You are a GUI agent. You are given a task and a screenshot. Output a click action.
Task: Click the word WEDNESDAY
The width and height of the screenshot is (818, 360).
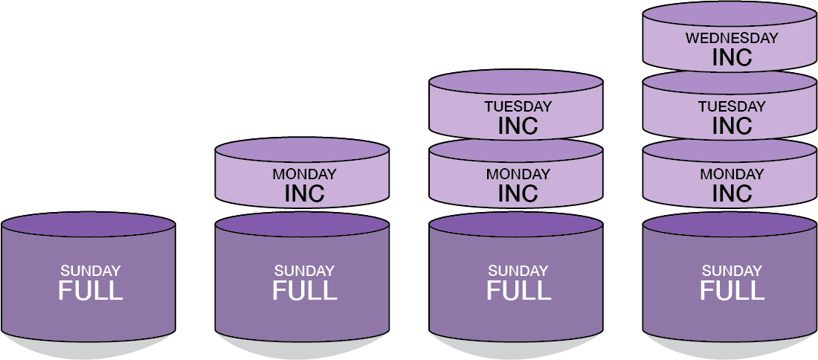click(x=732, y=38)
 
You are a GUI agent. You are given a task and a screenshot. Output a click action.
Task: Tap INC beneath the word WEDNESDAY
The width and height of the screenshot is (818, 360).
click(x=732, y=57)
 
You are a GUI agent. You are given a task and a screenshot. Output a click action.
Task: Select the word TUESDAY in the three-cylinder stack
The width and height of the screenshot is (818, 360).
click(x=518, y=106)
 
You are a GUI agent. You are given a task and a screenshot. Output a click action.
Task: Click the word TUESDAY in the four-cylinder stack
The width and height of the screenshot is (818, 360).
click(x=732, y=106)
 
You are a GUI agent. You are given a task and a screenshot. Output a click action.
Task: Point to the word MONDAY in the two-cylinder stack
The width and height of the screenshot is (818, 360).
click(x=304, y=175)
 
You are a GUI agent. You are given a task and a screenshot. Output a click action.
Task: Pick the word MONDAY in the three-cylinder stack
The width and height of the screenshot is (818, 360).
click(x=518, y=175)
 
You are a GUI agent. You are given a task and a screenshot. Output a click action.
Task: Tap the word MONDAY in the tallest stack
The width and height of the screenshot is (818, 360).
click(x=732, y=175)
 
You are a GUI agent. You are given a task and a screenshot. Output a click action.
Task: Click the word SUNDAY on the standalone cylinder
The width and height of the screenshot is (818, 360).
click(x=90, y=271)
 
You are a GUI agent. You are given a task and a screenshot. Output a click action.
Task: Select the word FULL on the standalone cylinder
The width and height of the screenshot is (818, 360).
click(x=90, y=291)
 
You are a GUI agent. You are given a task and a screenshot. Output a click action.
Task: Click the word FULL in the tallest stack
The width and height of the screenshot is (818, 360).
click(x=732, y=291)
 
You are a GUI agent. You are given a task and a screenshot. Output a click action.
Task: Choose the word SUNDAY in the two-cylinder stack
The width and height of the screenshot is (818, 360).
click(x=304, y=271)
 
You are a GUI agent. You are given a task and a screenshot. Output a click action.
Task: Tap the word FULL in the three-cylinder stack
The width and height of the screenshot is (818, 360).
click(x=518, y=291)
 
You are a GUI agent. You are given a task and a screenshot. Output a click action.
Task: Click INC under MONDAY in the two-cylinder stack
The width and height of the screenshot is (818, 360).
click(x=304, y=194)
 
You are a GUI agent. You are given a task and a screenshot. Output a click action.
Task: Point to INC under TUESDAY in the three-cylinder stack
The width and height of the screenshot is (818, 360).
click(x=518, y=126)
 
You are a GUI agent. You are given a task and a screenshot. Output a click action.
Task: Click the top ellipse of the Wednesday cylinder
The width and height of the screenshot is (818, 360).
click(x=732, y=14)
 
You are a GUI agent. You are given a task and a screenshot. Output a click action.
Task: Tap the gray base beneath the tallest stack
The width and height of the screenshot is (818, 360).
click(x=732, y=348)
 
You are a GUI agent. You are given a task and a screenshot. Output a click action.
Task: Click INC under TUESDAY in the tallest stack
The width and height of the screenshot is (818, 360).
click(x=732, y=126)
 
